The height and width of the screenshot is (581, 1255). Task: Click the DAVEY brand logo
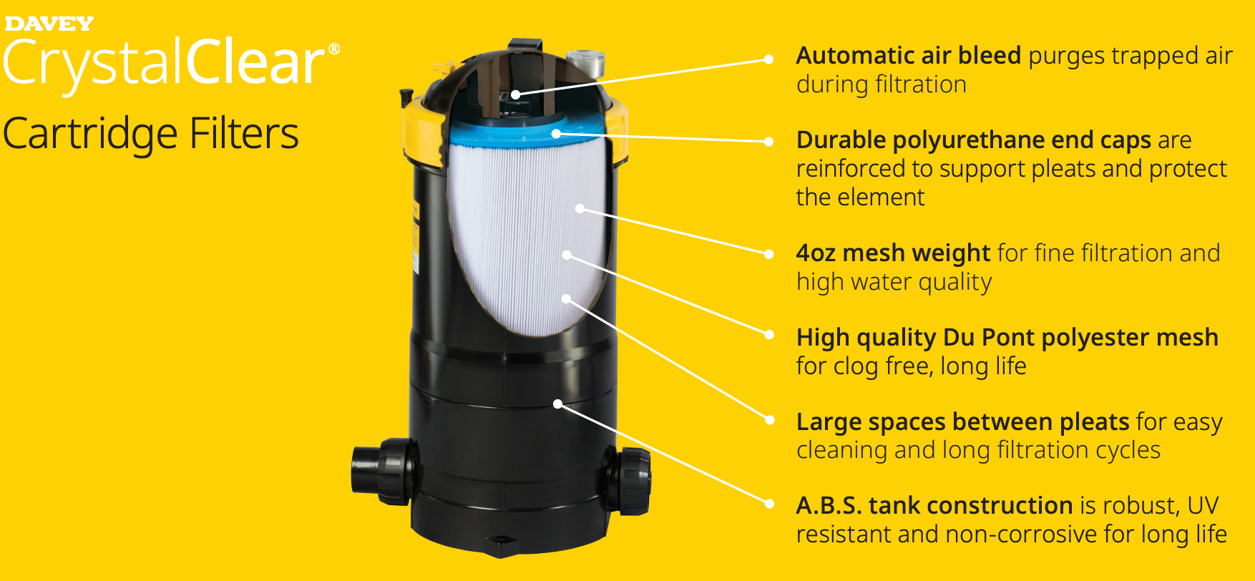click(49, 24)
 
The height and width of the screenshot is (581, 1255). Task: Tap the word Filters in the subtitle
click(244, 135)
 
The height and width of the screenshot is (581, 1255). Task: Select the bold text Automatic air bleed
click(908, 56)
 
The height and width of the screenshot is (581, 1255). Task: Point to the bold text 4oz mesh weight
click(893, 253)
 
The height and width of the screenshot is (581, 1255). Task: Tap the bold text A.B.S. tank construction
click(934, 506)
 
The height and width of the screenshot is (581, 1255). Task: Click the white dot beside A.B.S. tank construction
click(769, 504)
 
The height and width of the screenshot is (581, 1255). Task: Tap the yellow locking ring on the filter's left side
click(416, 129)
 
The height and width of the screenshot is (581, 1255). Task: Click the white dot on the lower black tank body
click(557, 404)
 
